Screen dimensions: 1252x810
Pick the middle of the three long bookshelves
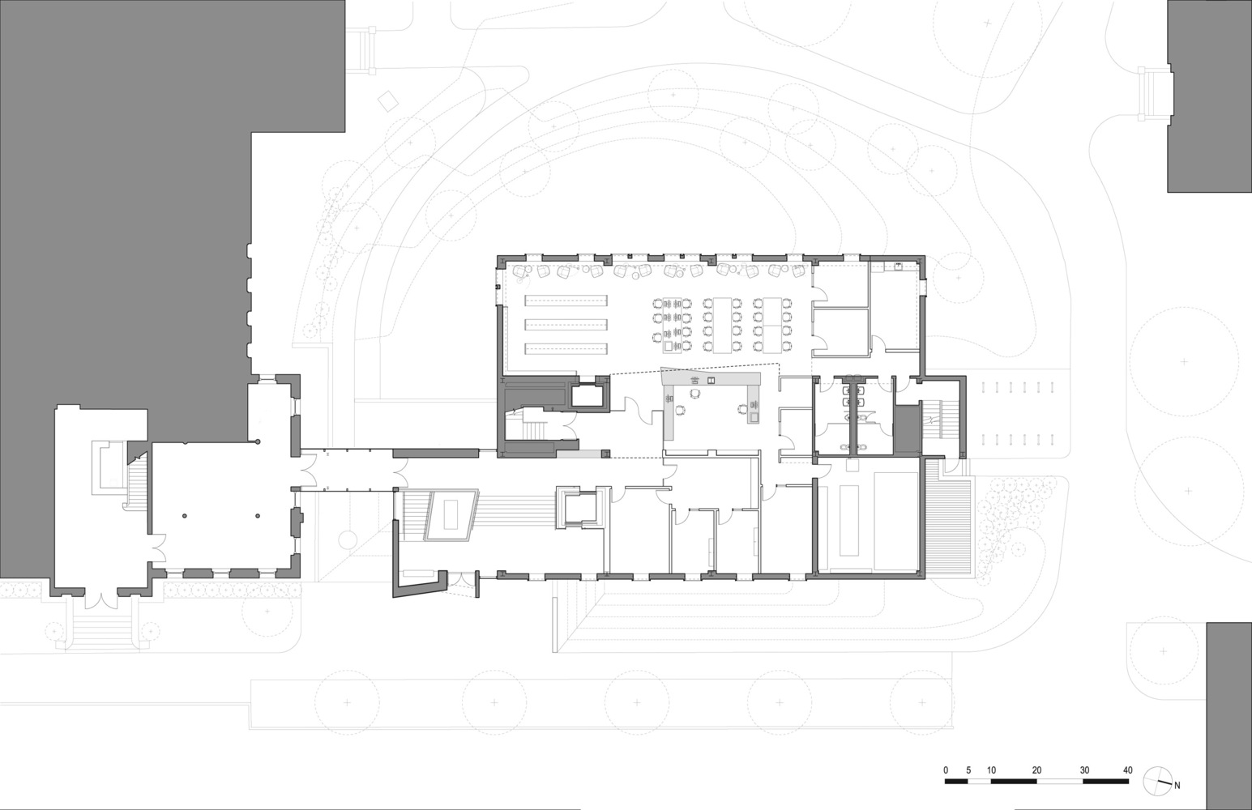point(566,325)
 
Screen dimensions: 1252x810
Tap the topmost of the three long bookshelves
point(566,300)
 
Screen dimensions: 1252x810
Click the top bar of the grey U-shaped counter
point(711,379)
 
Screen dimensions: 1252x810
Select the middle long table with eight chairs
point(722,325)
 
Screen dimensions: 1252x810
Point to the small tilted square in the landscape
point(389,101)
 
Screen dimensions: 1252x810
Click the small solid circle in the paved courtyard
point(348,539)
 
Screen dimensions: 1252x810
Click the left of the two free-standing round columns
point(183,516)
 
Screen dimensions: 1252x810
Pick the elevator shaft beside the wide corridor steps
point(580,507)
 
